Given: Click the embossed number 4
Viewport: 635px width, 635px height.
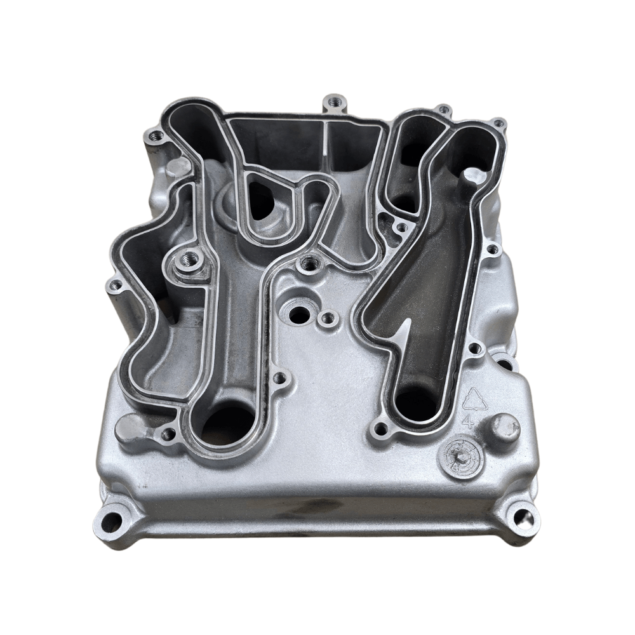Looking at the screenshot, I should (469, 420).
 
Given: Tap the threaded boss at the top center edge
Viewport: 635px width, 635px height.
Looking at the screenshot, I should (334, 102).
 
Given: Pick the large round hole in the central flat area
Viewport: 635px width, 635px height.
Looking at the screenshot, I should (298, 313).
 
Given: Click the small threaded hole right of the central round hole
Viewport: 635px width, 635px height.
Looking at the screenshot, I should (328, 317).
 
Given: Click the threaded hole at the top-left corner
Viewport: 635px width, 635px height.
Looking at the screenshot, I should (153, 135).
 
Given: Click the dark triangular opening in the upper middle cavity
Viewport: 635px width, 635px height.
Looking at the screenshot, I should (260, 200).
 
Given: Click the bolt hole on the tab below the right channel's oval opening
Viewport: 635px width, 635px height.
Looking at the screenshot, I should (380, 430).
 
